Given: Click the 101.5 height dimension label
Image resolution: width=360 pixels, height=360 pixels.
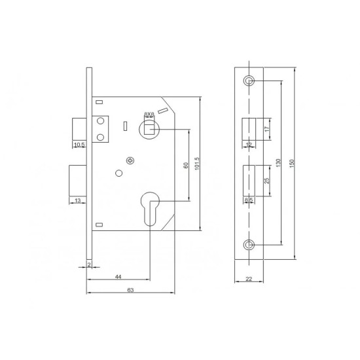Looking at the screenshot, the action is (x=197, y=164).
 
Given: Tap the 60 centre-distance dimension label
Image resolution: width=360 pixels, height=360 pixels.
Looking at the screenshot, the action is (x=186, y=165).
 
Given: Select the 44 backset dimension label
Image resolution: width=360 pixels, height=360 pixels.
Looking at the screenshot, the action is (x=118, y=277).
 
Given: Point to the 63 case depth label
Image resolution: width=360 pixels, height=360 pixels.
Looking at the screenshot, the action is (x=130, y=290).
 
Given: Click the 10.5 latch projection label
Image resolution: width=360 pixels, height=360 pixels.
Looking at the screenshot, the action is (x=79, y=145).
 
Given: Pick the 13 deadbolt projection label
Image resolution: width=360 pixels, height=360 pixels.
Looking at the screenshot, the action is (x=78, y=200).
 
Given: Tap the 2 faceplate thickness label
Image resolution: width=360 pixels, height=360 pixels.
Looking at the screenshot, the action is (x=89, y=264).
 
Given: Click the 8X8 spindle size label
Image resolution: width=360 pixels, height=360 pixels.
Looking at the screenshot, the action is (x=149, y=114).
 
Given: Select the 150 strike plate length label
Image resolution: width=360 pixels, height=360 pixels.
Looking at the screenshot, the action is (x=292, y=163).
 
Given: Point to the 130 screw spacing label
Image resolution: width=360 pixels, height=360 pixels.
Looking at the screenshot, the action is (x=278, y=163).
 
